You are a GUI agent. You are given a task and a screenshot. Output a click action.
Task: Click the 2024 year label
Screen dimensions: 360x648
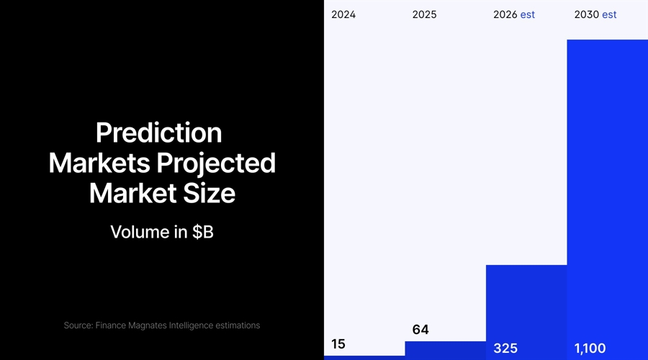point(343,14)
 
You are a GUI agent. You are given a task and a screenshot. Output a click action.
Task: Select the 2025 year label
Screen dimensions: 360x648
point(424,14)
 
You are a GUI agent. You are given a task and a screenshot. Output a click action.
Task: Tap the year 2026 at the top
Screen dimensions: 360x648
point(505,14)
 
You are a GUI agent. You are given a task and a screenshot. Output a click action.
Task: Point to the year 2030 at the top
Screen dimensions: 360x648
point(586,14)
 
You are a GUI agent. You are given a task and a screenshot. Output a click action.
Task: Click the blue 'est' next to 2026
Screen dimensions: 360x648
point(528,14)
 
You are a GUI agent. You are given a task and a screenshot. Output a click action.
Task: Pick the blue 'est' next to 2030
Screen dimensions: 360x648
point(609,14)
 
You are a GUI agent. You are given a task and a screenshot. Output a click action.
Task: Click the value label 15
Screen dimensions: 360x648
point(338,344)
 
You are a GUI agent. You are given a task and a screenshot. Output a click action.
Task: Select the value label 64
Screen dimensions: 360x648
point(420,330)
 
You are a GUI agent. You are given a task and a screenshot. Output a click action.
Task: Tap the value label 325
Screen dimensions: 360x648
point(505,348)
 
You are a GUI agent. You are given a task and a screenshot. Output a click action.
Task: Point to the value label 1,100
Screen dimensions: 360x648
point(590,348)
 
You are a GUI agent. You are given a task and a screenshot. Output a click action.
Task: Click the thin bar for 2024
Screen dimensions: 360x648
point(364,357)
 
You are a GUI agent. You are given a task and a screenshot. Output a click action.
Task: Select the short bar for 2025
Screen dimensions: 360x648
point(445,350)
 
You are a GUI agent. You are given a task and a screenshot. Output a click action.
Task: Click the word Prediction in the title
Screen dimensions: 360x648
point(158,133)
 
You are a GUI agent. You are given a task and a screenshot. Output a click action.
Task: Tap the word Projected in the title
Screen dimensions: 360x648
point(216,163)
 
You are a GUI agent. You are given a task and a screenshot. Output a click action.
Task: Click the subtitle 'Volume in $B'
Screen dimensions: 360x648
point(162,232)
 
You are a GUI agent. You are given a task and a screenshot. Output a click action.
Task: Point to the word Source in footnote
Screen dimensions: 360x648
point(78,325)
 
